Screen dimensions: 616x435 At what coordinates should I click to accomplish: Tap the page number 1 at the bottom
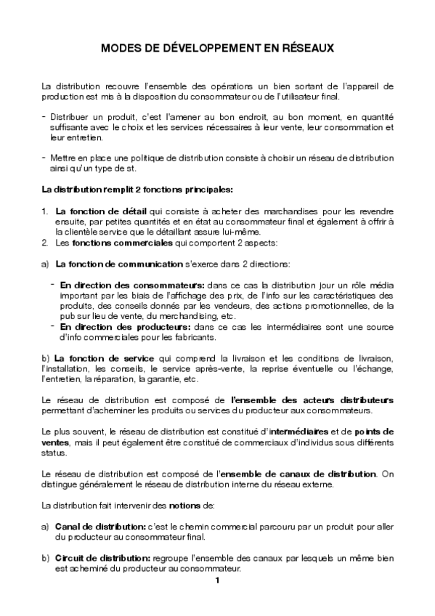[x=217, y=580]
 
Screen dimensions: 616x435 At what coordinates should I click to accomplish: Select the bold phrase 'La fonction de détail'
[x=91, y=210]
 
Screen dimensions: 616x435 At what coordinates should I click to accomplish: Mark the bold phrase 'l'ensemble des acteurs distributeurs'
[x=312, y=400]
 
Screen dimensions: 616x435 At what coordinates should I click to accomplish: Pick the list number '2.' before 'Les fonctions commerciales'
[x=45, y=242]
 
